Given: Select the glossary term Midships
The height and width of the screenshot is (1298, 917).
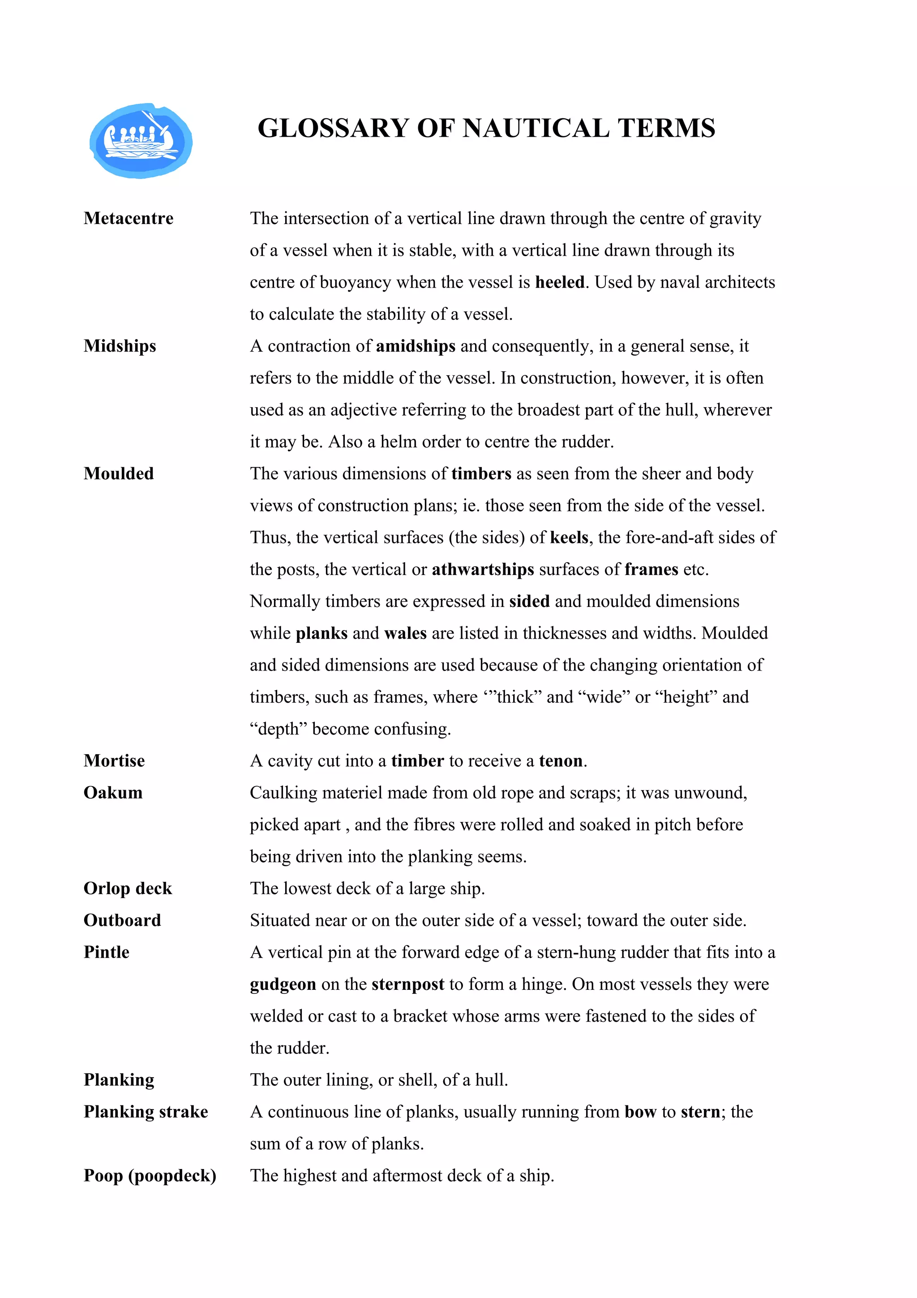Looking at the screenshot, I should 120,346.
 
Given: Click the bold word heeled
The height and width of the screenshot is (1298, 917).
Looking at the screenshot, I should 559,282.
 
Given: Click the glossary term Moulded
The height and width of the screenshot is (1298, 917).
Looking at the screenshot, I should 119,474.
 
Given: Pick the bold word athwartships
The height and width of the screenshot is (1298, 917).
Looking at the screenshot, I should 483,569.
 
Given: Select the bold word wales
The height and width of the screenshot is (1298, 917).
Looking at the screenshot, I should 405,633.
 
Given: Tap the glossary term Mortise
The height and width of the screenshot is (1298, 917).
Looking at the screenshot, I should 114,761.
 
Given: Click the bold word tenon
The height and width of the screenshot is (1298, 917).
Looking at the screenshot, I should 561,761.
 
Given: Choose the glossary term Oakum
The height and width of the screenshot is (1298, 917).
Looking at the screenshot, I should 113,793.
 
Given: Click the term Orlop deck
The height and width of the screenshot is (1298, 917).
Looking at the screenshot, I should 128,889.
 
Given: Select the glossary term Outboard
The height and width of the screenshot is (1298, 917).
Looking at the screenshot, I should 122,920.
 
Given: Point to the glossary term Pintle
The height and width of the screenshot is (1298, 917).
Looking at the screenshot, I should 106,953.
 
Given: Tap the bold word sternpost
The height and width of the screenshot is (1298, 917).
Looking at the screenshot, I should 408,984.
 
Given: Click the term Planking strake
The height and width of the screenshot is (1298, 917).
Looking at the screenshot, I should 146,1112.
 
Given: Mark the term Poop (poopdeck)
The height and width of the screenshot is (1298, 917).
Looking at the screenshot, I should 150,1176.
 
